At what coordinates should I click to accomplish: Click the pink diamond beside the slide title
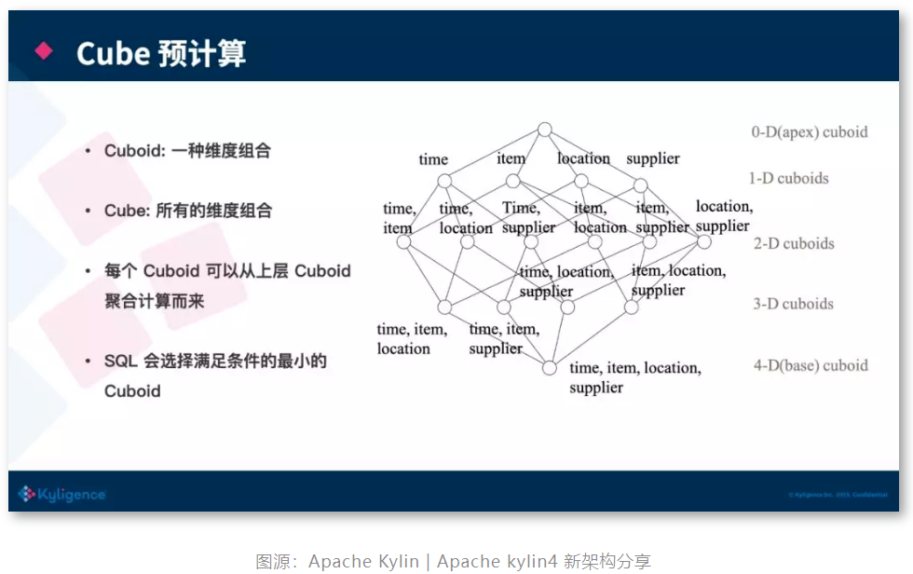click(x=44, y=51)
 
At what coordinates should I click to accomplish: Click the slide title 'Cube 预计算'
click(x=161, y=53)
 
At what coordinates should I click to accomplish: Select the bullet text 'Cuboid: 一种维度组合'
click(x=187, y=150)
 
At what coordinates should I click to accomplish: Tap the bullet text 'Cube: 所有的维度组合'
click(x=188, y=211)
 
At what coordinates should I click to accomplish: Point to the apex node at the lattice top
click(x=545, y=130)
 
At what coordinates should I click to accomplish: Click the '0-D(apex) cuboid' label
click(x=809, y=132)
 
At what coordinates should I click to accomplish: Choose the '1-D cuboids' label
click(x=788, y=178)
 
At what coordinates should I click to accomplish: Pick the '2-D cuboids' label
click(x=794, y=243)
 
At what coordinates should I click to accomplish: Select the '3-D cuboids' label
click(x=793, y=304)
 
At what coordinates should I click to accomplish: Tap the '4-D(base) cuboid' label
click(x=811, y=365)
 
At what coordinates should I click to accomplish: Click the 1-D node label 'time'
click(x=433, y=159)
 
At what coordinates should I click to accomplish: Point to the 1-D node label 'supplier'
click(x=652, y=158)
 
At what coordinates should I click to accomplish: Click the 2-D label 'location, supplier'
click(x=724, y=216)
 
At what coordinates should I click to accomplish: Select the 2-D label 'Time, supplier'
click(x=528, y=217)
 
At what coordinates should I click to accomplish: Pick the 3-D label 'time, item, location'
click(x=411, y=338)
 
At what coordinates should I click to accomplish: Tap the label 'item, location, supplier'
click(x=677, y=280)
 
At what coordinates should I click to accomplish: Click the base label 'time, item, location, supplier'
click(x=634, y=376)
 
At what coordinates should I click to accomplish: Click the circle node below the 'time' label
click(x=444, y=181)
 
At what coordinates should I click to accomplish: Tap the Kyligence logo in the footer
click(x=61, y=494)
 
